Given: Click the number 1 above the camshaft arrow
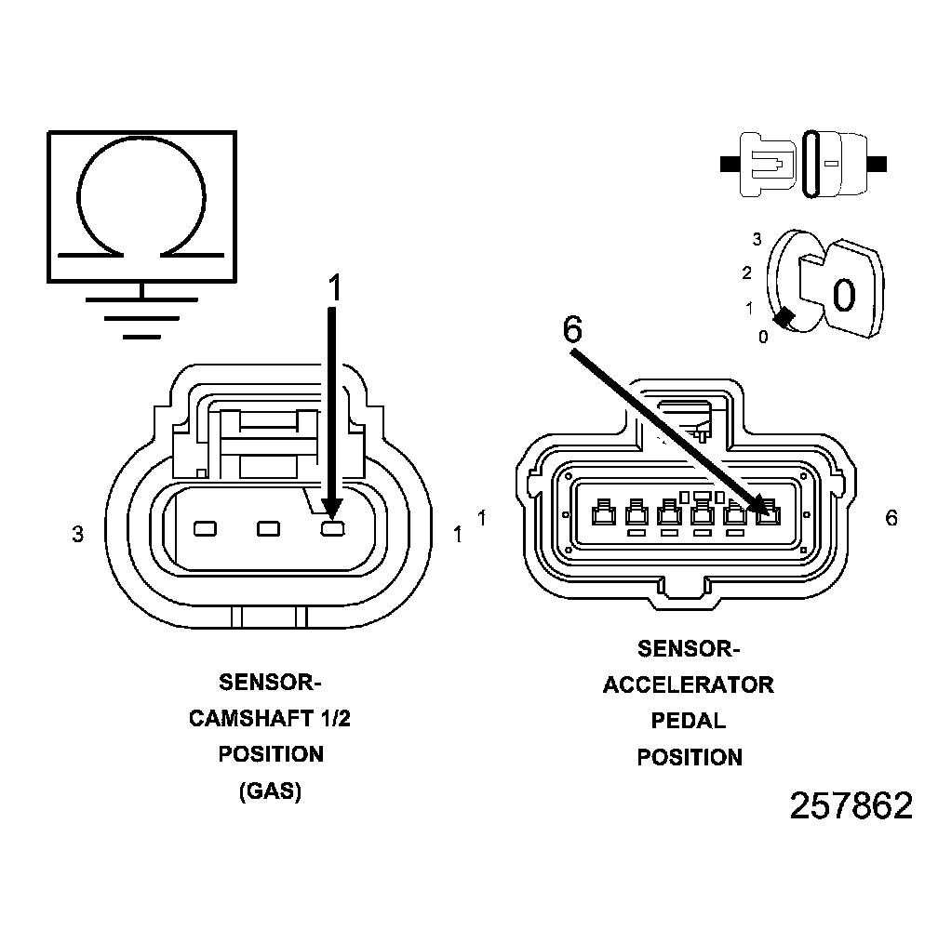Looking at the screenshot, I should [x=334, y=288].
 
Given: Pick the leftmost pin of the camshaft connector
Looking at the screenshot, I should [x=205, y=529].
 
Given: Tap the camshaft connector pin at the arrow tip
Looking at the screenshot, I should [x=332, y=529].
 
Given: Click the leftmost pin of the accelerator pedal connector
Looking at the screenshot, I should [x=602, y=511].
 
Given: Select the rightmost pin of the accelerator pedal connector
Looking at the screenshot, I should [x=767, y=511].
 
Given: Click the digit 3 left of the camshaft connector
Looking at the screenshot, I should [x=78, y=535].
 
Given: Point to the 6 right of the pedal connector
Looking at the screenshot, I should [x=891, y=518].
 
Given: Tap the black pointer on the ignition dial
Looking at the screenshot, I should [x=784, y=318].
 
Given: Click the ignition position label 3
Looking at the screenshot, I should [x=757, y=239].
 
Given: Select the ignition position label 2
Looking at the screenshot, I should [x=746, y=272].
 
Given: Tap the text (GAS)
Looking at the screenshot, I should [x=270, y=792].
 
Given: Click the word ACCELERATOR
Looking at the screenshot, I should [x=689, y=685].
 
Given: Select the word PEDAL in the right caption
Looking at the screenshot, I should [x=689, y=721].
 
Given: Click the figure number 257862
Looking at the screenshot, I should [x=851, y=806].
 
